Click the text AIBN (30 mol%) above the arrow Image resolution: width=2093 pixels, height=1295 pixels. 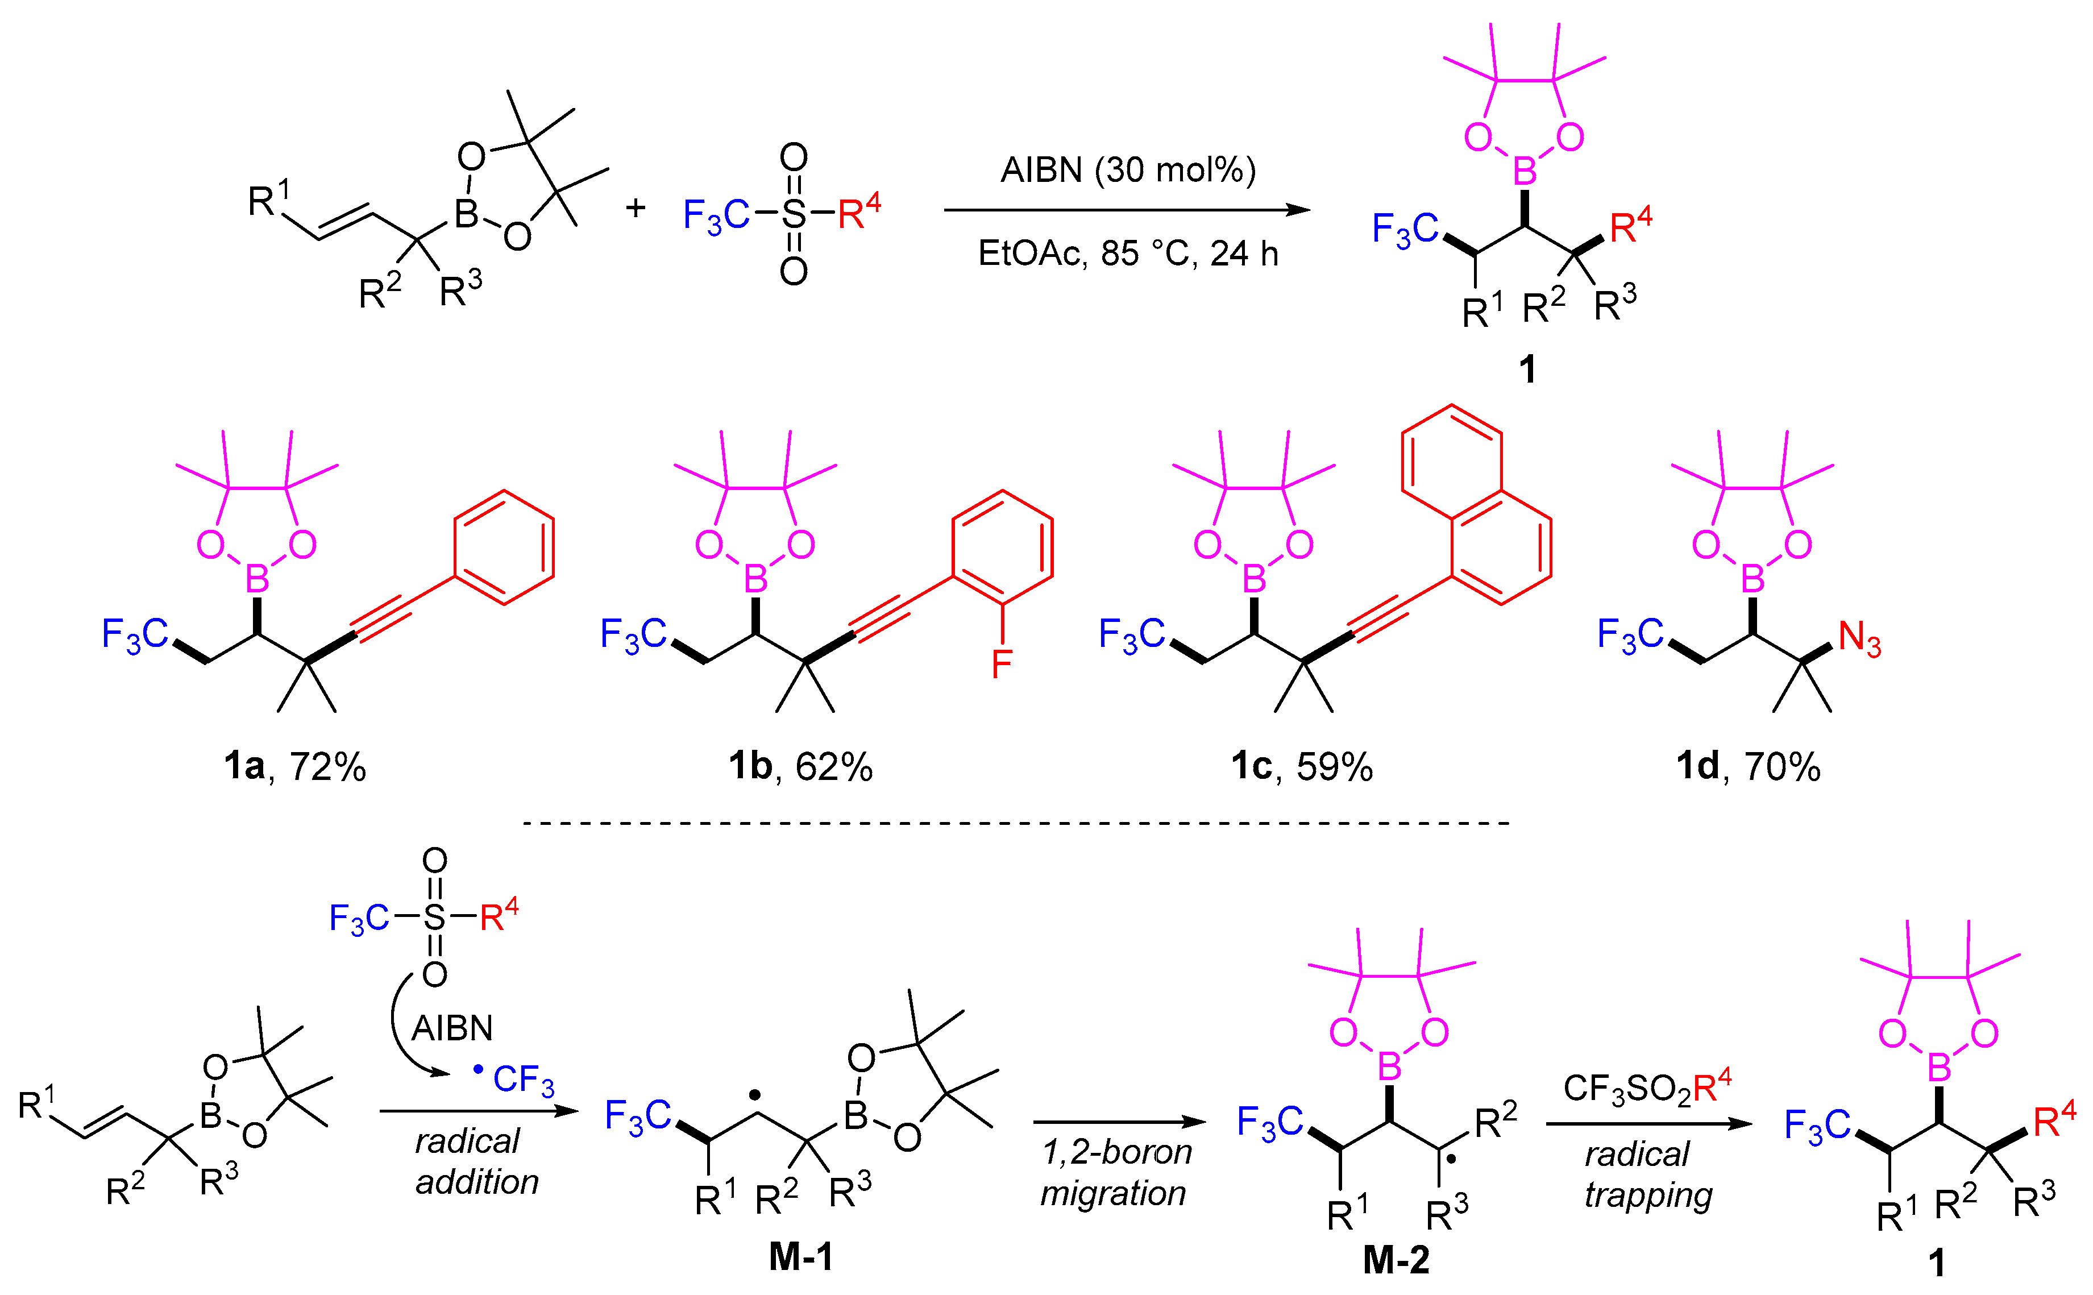[x=1127, y=171]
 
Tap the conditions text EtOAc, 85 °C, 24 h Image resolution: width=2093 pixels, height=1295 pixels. [x=1127, y=254]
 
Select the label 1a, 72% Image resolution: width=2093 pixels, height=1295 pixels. [x=294, y=766]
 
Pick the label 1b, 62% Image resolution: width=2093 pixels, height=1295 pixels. [x=800, y=766]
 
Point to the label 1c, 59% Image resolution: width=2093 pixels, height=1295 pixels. [x=1301, y=766]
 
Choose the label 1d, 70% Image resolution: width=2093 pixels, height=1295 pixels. [x=1747, y=766]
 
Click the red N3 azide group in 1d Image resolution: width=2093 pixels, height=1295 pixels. [x=1859, y=639]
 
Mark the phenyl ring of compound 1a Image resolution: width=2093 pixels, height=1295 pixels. [x=504, y=548]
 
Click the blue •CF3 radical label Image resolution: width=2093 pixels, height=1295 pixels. [x=514, y=1078]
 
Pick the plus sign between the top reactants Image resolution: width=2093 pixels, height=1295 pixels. [x=634, y=208]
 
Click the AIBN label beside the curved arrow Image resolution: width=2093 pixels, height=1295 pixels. [x=451, y=1028]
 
